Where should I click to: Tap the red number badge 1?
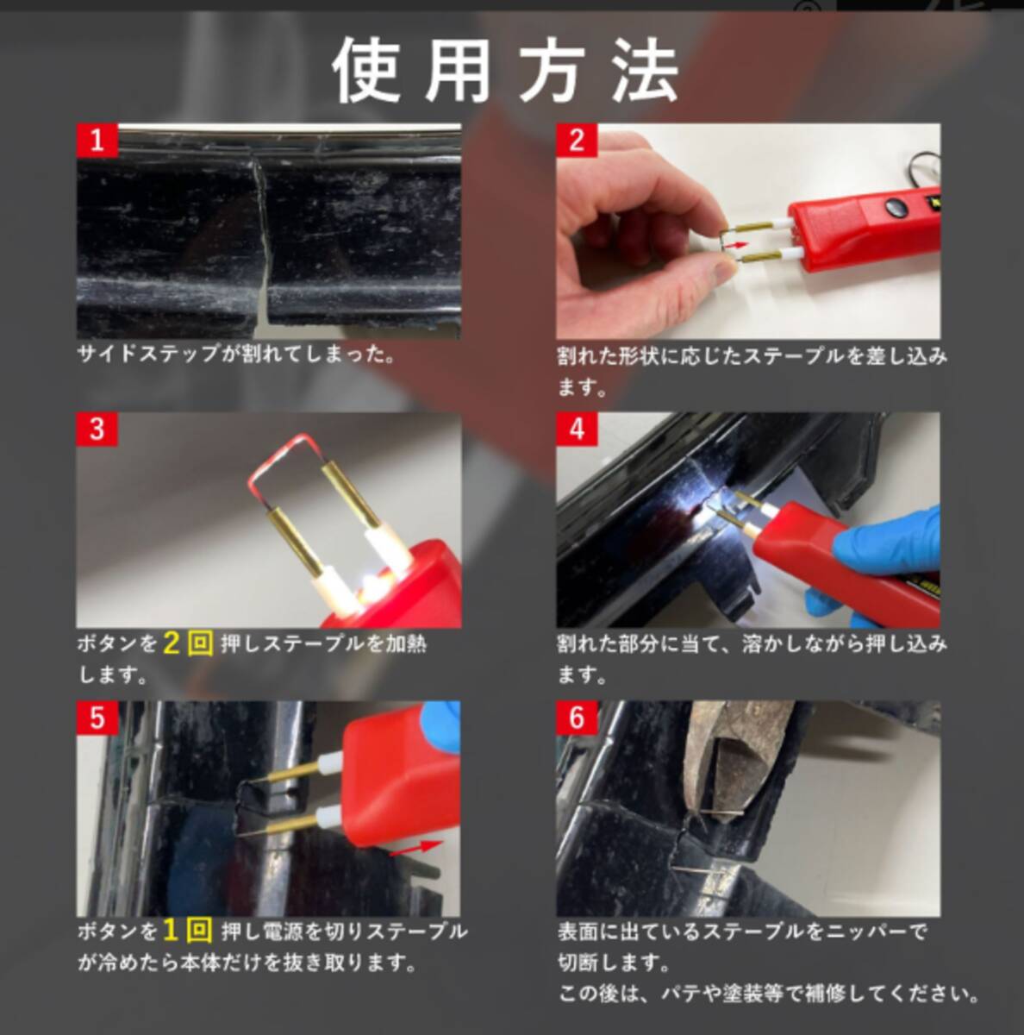97,140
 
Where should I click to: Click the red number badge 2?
577,140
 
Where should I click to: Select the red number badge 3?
97,429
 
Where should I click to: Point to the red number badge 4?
577,429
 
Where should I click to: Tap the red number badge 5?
97,717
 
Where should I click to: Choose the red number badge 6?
577,717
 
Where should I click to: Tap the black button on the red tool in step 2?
894,206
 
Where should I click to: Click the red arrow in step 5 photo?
415,847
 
